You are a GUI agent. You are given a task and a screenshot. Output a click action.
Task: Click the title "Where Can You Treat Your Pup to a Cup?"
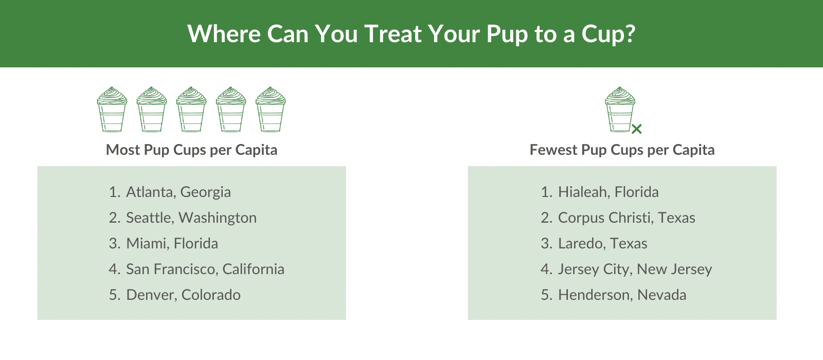click(x=411, y=34)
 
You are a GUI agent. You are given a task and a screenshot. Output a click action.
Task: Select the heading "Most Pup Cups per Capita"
click(x=191, y=150)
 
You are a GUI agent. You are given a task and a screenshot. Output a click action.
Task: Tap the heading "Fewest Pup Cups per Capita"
click(x=622, y=150)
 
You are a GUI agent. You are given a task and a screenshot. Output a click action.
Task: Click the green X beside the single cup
click(x=637, y=129)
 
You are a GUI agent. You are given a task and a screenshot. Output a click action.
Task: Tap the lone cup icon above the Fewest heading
click(x=620, y=110)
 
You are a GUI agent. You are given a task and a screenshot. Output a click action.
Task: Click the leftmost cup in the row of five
click(x=112, y=110)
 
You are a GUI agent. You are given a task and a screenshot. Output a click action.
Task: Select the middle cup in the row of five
click(x=191, y=110)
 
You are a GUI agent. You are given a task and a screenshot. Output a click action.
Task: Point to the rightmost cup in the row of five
click(x=271, y=110)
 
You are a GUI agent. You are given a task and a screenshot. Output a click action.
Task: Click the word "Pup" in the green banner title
click(x=507, y=34)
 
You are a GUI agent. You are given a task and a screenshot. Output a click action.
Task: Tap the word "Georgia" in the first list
click(x=205, y=192)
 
